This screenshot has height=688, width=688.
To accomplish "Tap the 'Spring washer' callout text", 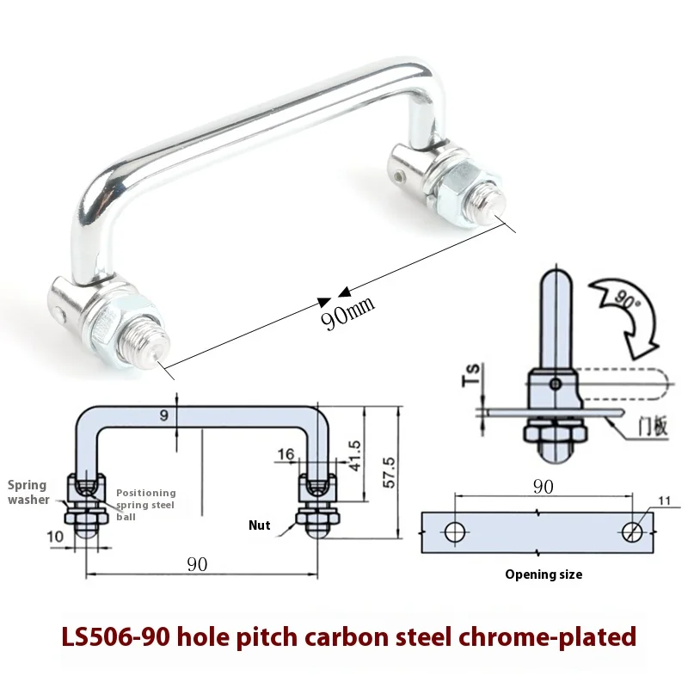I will coord(28,492).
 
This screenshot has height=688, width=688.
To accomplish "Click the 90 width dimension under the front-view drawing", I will coord(197,564).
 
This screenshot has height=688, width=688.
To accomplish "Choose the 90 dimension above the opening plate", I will coord(542,487).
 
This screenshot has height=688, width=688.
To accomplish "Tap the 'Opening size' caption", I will coord(543,574).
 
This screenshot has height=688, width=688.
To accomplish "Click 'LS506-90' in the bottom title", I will coord(114,637).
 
